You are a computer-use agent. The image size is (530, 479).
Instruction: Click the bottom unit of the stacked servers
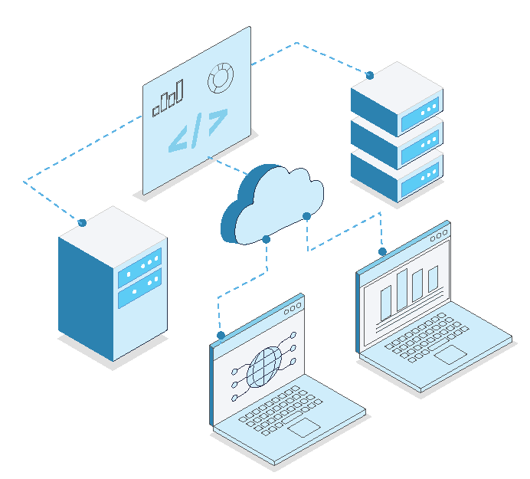[x=397, y=170]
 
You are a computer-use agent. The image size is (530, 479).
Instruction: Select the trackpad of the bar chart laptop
[x=450, y=353]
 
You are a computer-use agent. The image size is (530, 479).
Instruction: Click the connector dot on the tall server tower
[x=82, y=222]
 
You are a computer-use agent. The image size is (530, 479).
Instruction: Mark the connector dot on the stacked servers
[x=369, y=75]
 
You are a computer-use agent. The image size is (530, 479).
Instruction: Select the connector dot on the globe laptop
[x=221, y=336]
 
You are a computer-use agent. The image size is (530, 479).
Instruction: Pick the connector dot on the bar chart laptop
[x=381, y=251]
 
